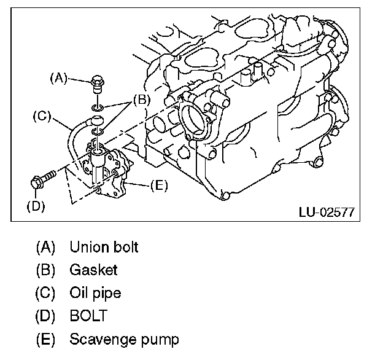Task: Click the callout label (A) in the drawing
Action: [58, 77]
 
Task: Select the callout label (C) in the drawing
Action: [41, 114]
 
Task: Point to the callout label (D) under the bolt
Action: [36, 206]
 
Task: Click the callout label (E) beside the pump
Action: [158, 184]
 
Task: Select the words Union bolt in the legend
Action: [104, 247]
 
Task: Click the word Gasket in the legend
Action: [93, 270]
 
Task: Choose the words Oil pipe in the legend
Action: [95, 293]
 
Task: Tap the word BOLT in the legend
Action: [88, 316]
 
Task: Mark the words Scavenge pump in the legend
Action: [124, 339]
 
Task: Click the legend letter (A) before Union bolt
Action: [46, 247]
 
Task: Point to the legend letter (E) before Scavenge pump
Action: [46, 339]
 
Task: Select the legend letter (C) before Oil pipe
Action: [46, 293]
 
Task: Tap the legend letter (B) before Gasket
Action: [46, 270]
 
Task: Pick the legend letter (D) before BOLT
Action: [46, 316]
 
